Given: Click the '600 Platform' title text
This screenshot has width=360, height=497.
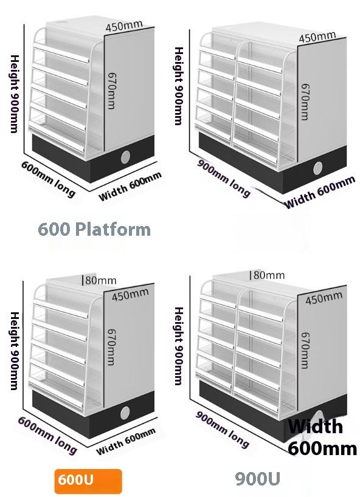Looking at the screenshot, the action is tap(94, 229).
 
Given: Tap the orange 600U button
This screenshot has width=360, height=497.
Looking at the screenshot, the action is tap(88, 481).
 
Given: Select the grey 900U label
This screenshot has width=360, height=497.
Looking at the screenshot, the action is tap(258, 478).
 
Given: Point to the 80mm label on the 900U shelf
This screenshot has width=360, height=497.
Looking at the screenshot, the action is tap(269, 275).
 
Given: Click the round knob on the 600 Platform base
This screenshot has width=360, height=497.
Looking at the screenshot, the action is tap(126, 157).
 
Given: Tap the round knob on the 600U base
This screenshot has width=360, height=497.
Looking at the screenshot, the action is tap(125, 413).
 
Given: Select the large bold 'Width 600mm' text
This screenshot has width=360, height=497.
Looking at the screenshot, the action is tap(322, 437).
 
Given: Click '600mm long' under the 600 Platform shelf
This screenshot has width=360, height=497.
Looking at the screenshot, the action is tap(49, 179).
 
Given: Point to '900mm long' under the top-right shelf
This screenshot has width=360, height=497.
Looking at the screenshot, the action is tap(223, 178).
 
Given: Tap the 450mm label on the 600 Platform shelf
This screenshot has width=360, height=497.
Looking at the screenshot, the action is tap(124, 26).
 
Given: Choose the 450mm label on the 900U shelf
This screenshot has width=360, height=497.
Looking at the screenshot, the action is tap(324, 298).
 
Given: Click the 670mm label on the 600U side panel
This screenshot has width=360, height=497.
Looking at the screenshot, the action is tap(111, 347).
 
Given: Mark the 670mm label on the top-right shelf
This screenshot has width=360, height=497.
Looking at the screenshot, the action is tap(305, 101).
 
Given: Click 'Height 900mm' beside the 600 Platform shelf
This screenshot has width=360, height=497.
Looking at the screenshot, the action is tap(15, 94).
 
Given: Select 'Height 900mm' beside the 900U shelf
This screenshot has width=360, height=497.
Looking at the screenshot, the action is tap(179, 346).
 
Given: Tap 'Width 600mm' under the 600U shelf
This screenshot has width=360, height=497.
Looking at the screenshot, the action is tap(126, 440).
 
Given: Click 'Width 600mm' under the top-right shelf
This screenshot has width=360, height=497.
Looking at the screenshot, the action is tap(320, 192).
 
